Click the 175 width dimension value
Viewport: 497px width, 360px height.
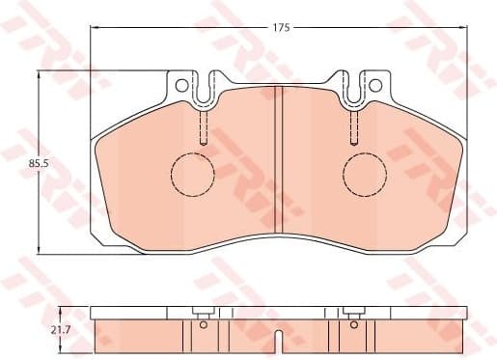(281, 28)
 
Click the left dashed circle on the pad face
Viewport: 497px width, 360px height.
(192, 175)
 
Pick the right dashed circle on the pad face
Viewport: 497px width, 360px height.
(366, 175)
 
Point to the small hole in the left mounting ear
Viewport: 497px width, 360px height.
(180, 84)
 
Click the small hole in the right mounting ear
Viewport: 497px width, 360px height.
(376, 84)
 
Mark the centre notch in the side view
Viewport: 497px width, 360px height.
(279, 339)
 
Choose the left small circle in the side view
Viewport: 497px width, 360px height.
(203, 325)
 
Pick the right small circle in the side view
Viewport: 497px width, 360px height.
(354, 325)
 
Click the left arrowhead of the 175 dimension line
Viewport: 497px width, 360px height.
(95, 28)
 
